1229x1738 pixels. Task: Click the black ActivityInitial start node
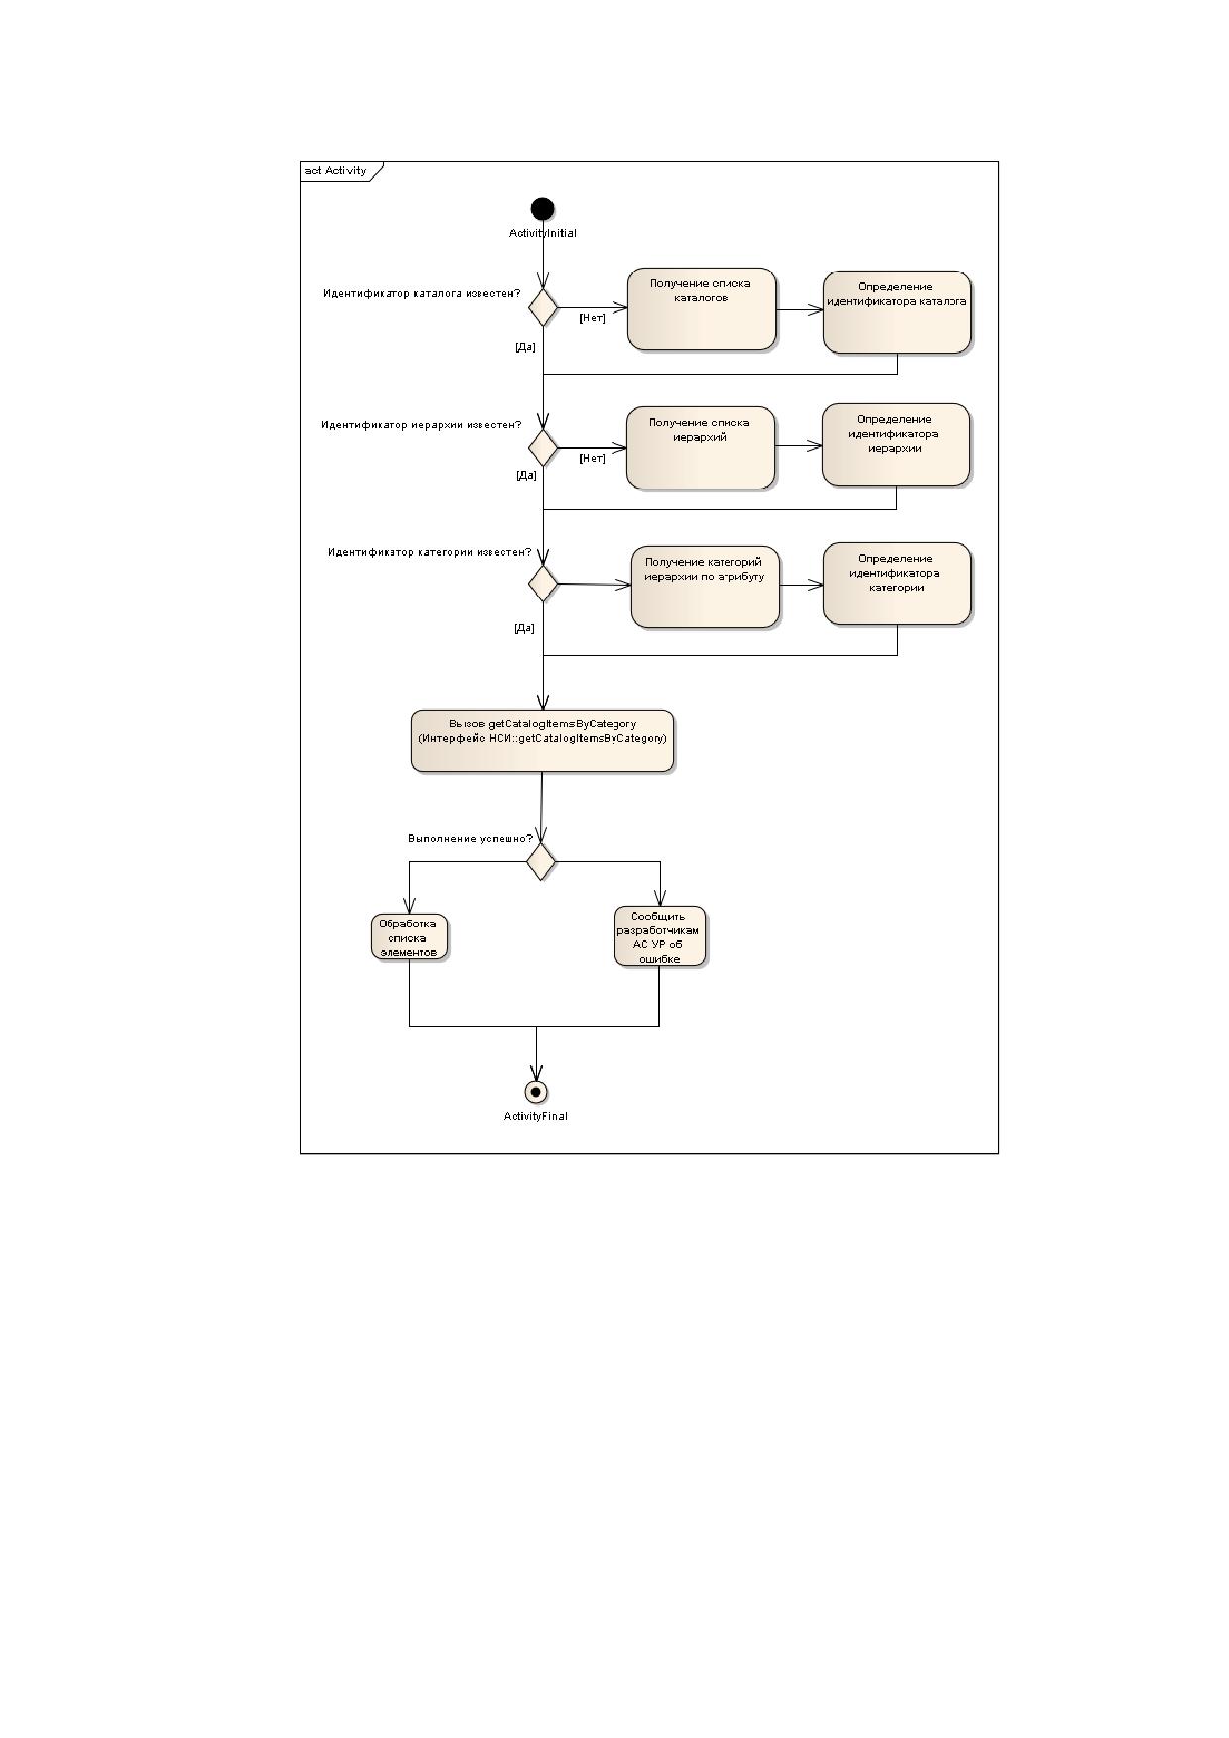click(x=543, y=209)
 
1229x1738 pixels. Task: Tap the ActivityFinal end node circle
click(x=536, y=1091)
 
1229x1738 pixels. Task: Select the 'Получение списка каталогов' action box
click(x=702, y=308)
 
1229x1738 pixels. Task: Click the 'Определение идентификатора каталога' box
click(x=897, y=311)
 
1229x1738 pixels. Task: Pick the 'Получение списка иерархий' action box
click(x=701, y=447)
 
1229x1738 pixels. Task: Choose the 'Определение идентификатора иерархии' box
click(x=896, y=444)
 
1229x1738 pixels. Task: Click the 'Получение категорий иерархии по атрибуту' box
click(x=706, y=587)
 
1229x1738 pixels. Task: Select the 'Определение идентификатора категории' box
click(x=897, y=584)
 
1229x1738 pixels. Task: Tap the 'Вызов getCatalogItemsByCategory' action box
click(x=543, y=740)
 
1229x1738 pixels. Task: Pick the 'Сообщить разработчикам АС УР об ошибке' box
click(x=660, y=935)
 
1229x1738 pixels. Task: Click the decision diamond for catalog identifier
click(x=543, y=308)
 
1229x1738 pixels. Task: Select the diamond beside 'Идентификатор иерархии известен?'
click(x=542, y=447)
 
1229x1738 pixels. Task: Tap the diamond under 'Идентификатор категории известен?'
click(x=543, y=583)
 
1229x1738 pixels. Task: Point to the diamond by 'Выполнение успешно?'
click(x=541, y=861)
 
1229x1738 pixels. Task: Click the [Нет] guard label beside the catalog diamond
click(x=592, y=318)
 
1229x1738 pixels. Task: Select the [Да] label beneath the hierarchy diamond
click(x=526, y=475)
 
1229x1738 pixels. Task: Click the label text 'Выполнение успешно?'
click(x=471, y=838)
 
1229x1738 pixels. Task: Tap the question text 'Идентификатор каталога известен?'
click(x=422, y=293)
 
